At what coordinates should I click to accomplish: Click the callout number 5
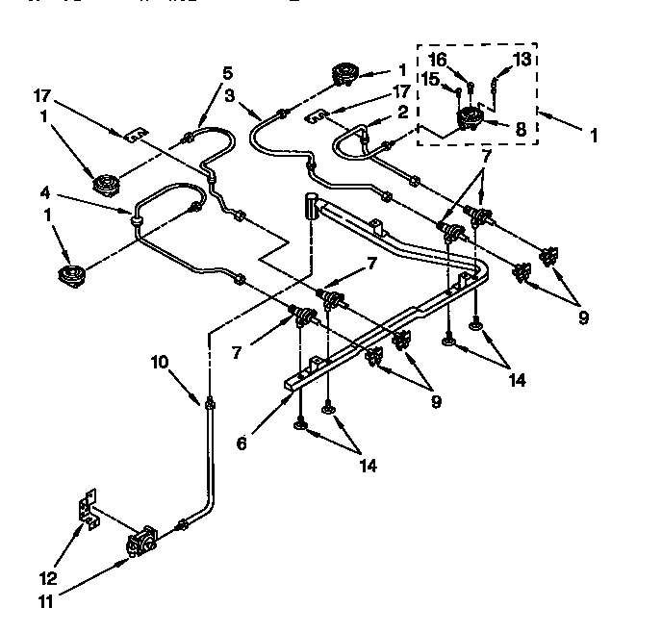228,72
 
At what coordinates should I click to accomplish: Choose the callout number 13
521,60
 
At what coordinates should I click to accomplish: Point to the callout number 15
431,79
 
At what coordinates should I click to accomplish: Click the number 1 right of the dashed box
594,137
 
